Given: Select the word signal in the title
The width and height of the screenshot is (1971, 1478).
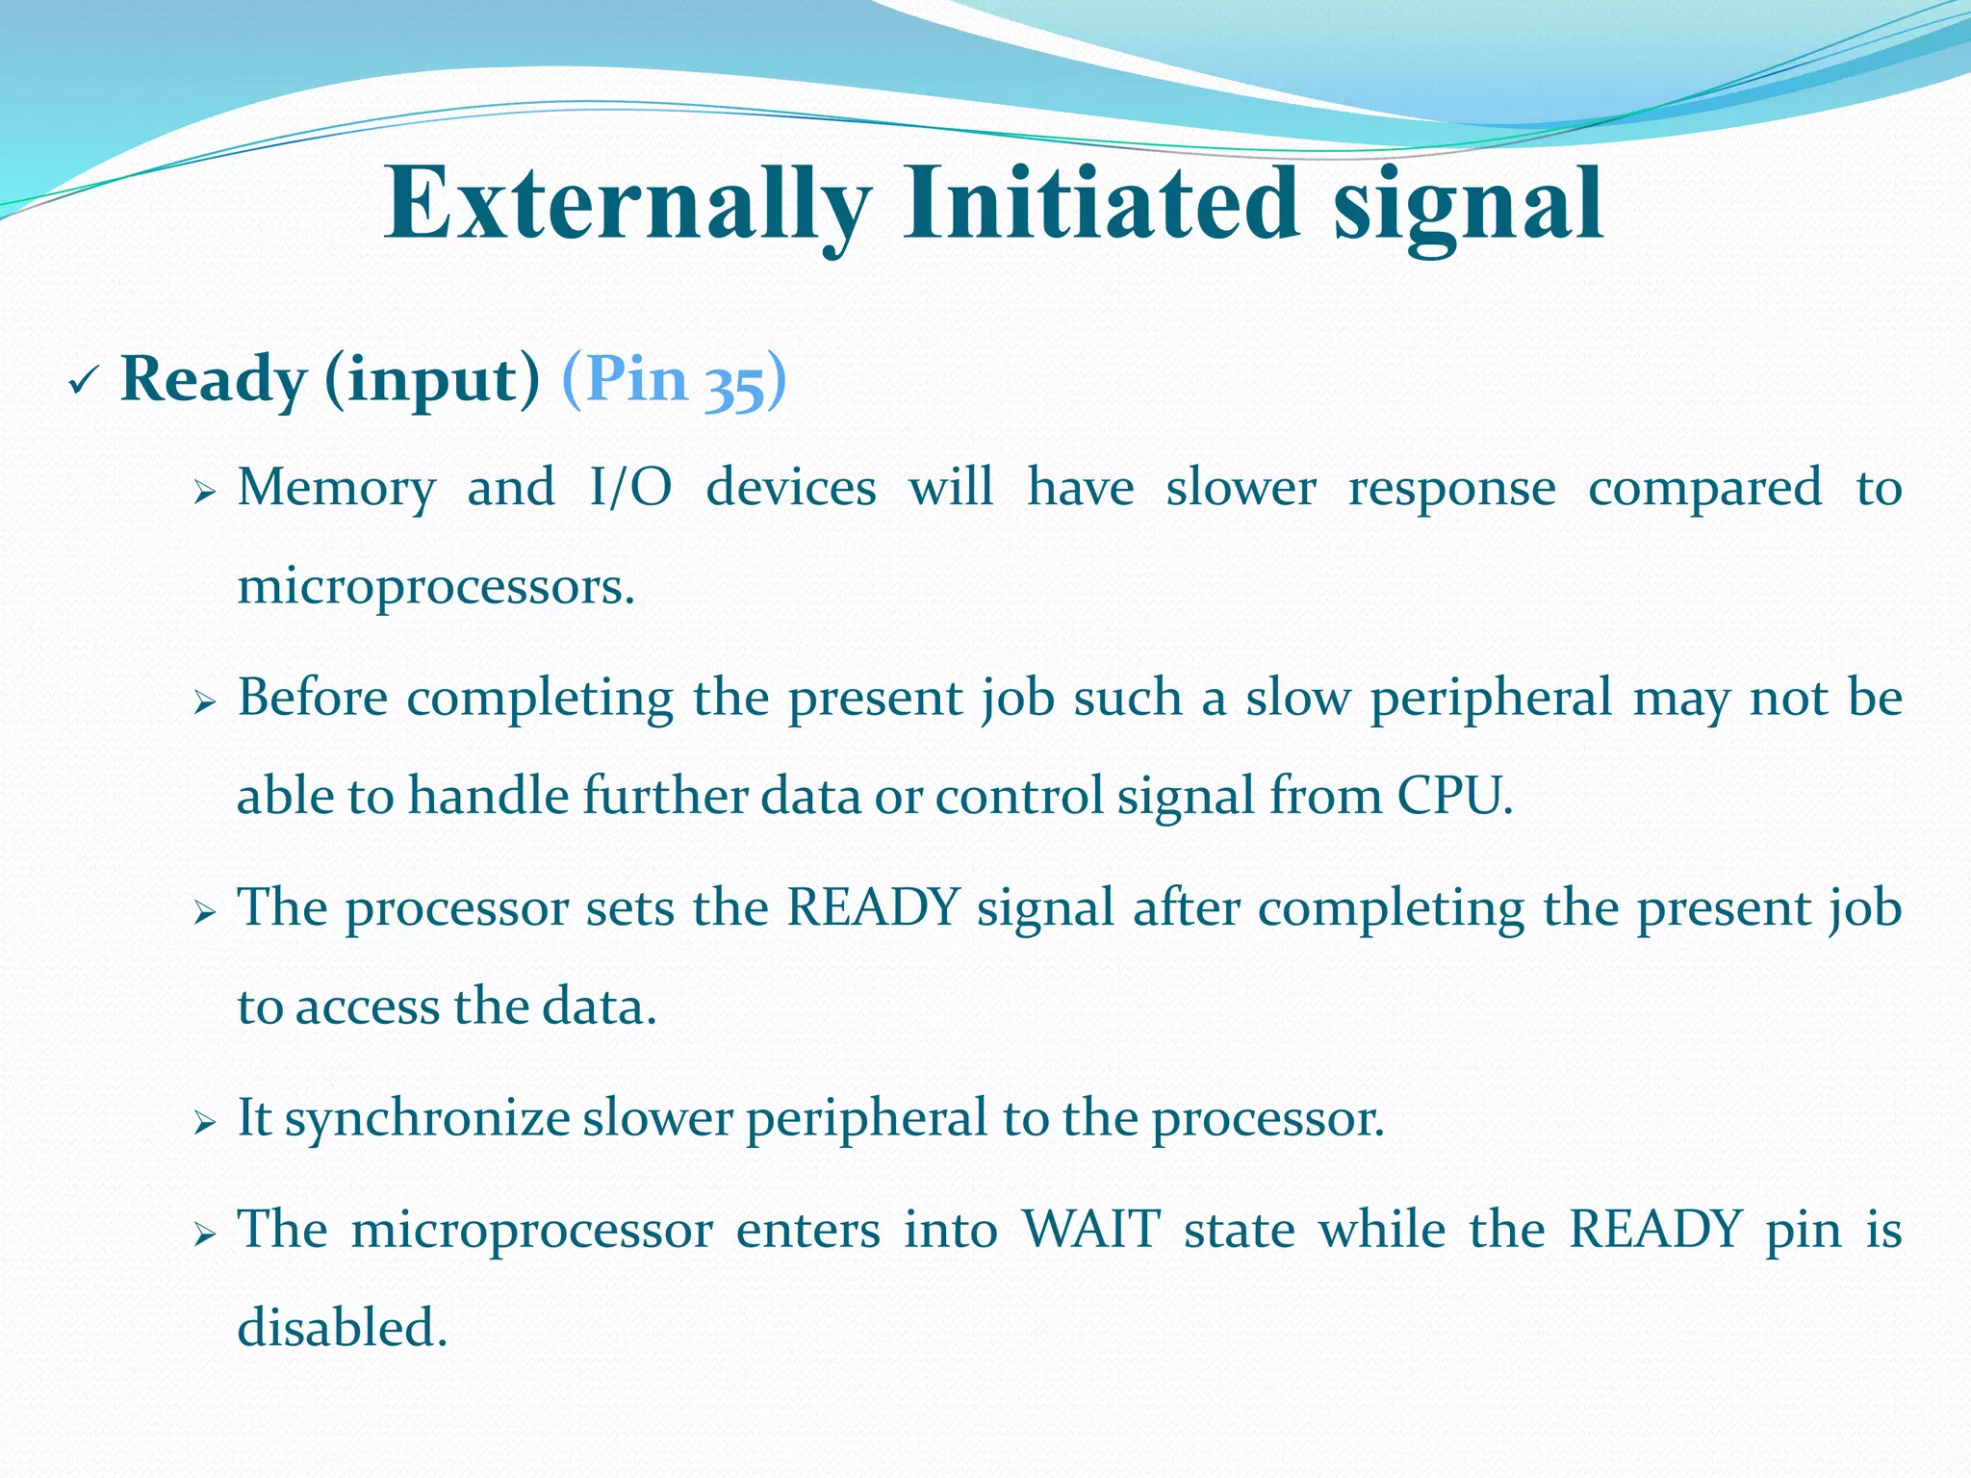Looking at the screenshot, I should (1468, 204).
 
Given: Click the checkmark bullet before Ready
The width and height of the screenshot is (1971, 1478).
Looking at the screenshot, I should (81, 384).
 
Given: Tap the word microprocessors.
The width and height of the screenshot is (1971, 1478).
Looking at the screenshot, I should (435, 586).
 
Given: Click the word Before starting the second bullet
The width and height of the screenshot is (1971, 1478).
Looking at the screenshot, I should (313, 697).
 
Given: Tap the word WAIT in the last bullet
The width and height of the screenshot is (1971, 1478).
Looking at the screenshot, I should (1090, 1229).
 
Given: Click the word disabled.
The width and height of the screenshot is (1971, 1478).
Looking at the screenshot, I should (342, 1328).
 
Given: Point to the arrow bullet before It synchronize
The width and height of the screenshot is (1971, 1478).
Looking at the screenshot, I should (204, 1122).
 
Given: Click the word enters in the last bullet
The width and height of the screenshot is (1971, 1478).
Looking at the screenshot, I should (807, 1229).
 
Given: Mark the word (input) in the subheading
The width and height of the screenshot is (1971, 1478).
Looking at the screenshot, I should (432, 380).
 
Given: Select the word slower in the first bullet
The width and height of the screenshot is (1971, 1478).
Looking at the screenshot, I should (1241, 487).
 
